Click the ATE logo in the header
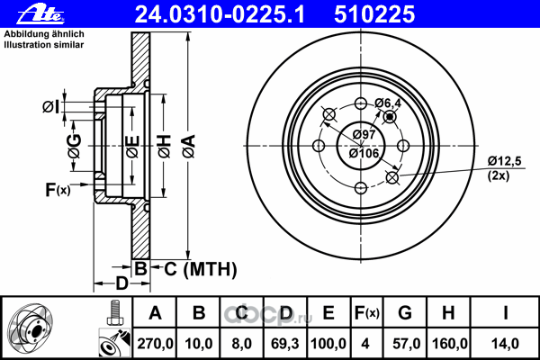coord(40,14)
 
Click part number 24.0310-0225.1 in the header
coord(220,14)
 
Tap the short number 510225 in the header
coord(374,14)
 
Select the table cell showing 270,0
coord(155,344)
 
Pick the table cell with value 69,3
coord(284,344)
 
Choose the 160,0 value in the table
coord(448,344)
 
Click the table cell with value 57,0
coord(405,344)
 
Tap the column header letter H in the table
coord(448,313)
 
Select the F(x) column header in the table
coord(367,313)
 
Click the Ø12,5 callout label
coord(505,161)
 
